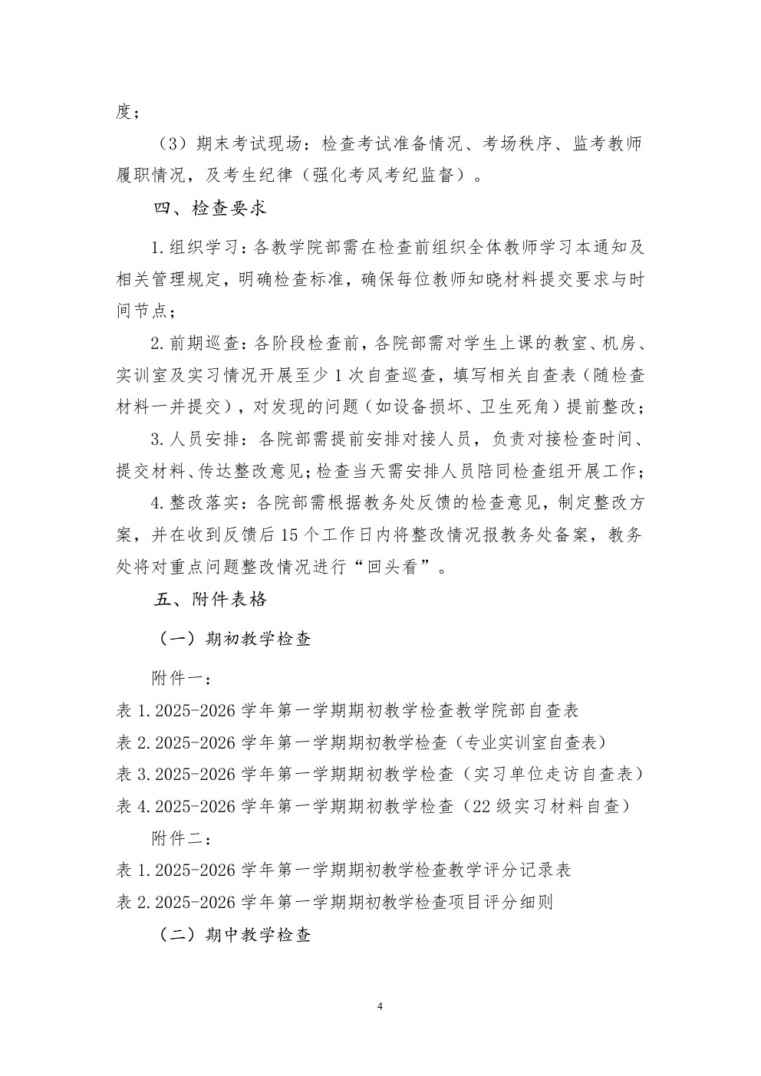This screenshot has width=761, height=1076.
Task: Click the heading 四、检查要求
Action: click(x=209, y=208)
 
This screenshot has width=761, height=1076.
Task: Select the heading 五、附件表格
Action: click(x=209, y=599)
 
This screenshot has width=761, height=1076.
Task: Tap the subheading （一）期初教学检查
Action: click(x=234, y=638)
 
